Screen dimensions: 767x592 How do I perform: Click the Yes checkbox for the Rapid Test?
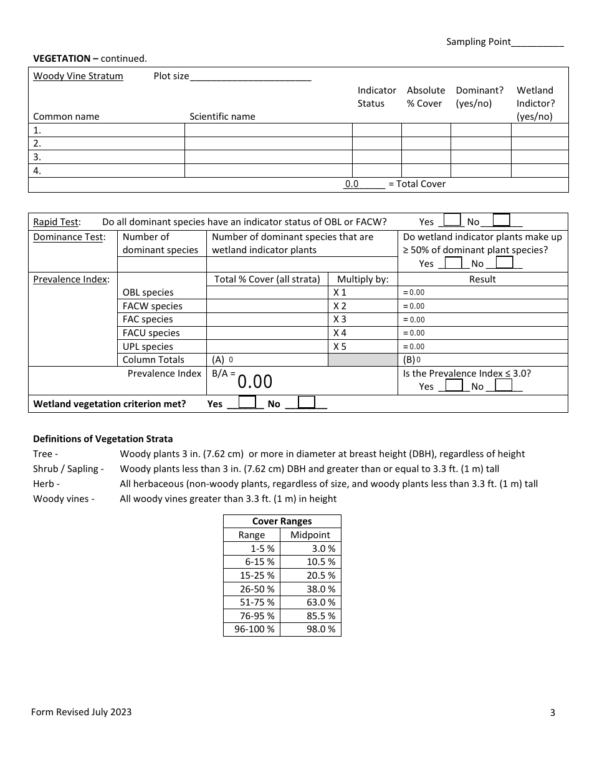coord(452,220)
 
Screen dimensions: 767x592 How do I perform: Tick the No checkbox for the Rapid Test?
coord(501,220)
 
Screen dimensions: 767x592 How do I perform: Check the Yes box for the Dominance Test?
coord(454,263)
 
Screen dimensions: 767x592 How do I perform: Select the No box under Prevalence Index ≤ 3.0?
coord(504,385)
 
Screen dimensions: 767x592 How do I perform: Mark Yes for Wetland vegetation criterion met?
coord(247,402)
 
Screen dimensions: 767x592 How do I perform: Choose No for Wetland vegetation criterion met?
coord(307,402)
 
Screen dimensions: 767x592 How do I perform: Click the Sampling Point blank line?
coord(537,42)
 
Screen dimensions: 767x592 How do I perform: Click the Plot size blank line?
coord(250,77)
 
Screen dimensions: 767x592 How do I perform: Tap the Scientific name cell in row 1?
coord(268,130)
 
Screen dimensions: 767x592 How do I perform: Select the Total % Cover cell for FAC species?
coord(267,319)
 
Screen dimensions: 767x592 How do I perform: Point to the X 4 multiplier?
coord(340,333)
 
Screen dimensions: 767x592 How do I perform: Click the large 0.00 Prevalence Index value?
coord(255,382)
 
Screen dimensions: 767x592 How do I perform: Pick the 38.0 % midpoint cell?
coord(310,589)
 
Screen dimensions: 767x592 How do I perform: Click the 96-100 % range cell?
coord(252,629)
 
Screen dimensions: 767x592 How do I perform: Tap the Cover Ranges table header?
coord(282,521)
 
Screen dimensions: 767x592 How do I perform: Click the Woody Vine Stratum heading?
coord(78,76)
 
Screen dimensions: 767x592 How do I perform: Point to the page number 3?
coord(552,713)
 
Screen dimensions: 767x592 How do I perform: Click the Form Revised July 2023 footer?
coord(81,712)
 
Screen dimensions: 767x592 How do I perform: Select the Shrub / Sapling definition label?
coord(68,469)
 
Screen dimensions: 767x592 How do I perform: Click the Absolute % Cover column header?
coord(426,97)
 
